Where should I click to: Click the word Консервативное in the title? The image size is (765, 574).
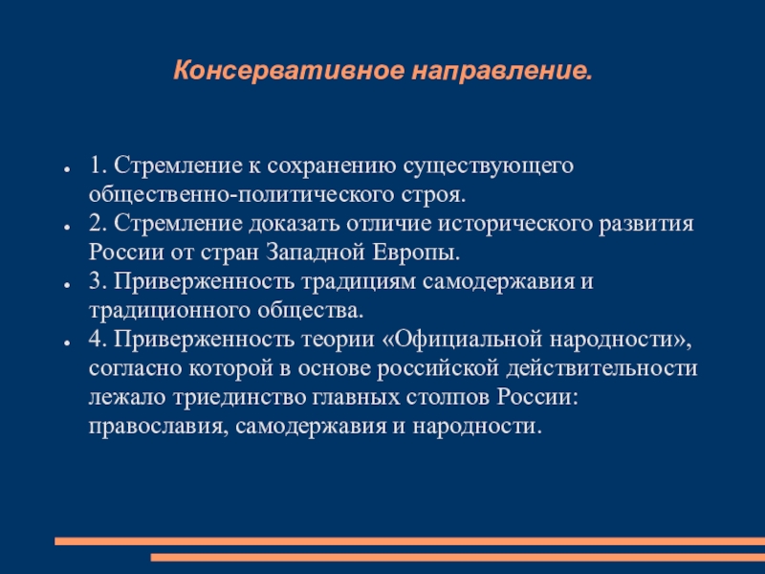(x=289, y=70)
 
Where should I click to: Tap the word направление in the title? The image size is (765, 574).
(x=502, y=71)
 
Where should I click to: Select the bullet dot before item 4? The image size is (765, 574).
(x=66, y=342)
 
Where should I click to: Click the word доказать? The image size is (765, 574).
(x=295, y=225)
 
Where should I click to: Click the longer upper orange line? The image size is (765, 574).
(x=410, y=541)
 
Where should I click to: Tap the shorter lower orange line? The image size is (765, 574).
(x=458, y=557)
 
